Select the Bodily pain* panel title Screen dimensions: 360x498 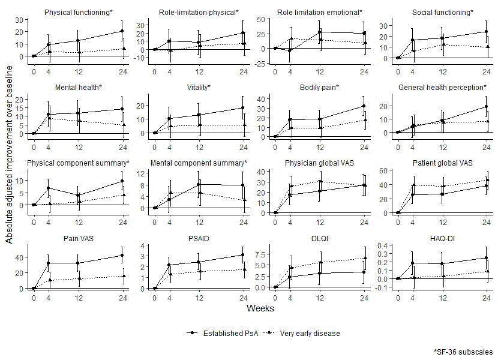[319, 88]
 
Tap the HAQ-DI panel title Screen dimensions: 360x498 [442, 238]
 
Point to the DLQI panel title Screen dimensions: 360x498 [319, 238]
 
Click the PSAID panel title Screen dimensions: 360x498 [199, 238]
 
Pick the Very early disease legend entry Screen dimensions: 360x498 [304, 334]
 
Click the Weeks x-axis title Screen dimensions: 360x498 [260, 308]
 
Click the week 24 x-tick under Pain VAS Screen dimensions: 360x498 [122, 296]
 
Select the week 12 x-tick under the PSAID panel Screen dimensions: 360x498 [199, 296]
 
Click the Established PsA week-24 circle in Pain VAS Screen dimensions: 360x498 [122, 255]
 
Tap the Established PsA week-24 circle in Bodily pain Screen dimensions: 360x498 [364, 106]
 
